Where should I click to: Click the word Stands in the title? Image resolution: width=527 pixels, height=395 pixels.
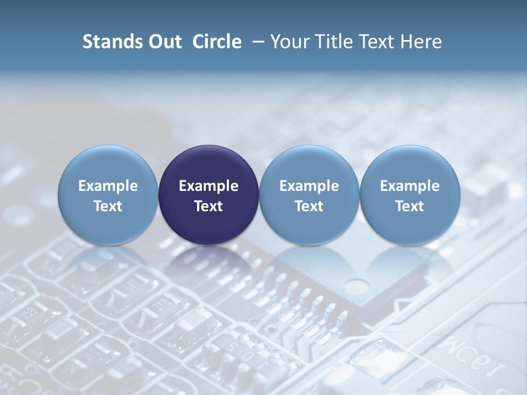tap(108, 42)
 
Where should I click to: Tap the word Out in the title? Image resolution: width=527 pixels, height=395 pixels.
tap(164, 42)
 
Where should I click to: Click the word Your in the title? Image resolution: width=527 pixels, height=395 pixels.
tap(288, 42)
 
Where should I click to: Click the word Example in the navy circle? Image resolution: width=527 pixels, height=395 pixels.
tap(209, 186)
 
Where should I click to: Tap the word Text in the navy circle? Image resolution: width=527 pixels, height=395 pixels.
tap(209, 206)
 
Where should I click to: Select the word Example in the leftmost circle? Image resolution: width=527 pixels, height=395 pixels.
tap(108, 186)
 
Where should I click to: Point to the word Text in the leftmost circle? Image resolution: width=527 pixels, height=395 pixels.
tap(108, 206)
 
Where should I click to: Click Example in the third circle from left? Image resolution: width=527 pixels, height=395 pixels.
tap(309, 186)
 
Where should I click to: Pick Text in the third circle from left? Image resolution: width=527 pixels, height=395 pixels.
tap(309, 206)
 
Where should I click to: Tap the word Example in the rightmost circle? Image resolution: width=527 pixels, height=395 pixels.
tap(410, 186)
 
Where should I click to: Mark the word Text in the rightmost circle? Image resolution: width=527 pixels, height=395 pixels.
tap(410, 206)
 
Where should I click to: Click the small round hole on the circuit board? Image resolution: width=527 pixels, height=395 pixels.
tap(357, 286)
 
